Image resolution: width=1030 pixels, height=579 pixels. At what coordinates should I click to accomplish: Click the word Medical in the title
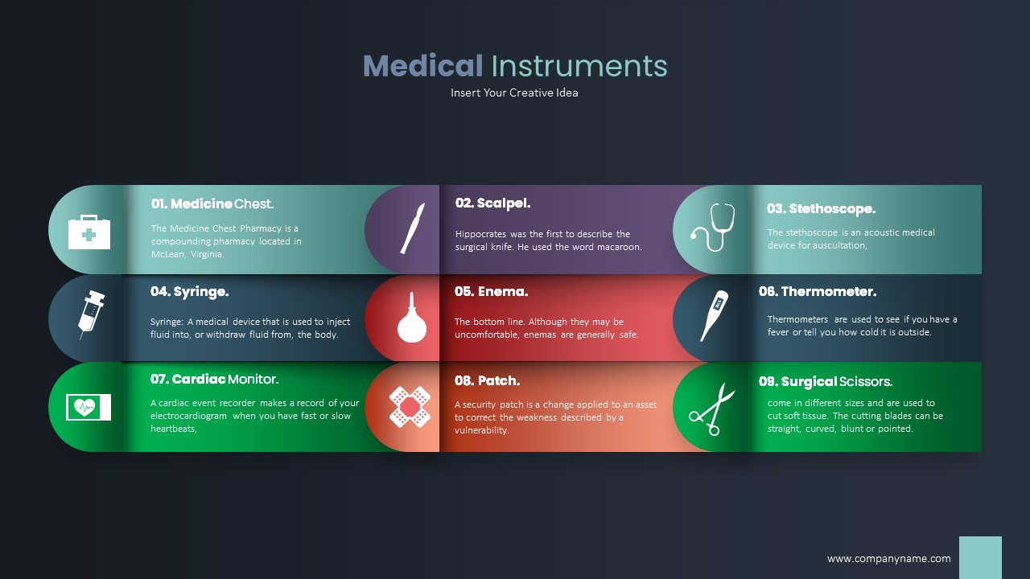(x=422, y=66)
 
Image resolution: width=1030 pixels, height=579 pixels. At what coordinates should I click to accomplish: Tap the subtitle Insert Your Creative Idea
(x=514, y=92)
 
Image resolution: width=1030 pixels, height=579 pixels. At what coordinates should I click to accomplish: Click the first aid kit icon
(x=89, y=232)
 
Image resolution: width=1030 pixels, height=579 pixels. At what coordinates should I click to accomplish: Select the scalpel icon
(x=413, y=228)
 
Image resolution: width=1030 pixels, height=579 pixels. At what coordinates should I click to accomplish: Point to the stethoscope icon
(x=713, y=227)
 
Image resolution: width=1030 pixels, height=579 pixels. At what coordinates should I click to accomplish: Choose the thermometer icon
(x=714, y=315)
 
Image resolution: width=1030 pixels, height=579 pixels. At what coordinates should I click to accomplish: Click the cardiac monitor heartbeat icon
(x=89, y=407)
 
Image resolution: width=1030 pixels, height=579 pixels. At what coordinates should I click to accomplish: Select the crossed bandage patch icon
(x=410, y=406)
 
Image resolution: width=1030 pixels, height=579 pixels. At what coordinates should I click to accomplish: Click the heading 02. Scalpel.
(x=492, y=203)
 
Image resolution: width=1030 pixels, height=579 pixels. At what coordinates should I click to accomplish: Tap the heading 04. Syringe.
(x=189, y=292)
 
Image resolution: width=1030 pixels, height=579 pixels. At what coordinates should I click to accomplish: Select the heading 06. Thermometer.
(x=817, y=292)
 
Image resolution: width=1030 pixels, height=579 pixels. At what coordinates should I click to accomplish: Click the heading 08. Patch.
(x=487, y=381)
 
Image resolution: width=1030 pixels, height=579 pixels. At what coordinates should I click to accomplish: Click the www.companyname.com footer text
(x=888, y=559)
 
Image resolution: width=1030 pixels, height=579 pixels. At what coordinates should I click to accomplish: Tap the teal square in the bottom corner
(x=980, y=557)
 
